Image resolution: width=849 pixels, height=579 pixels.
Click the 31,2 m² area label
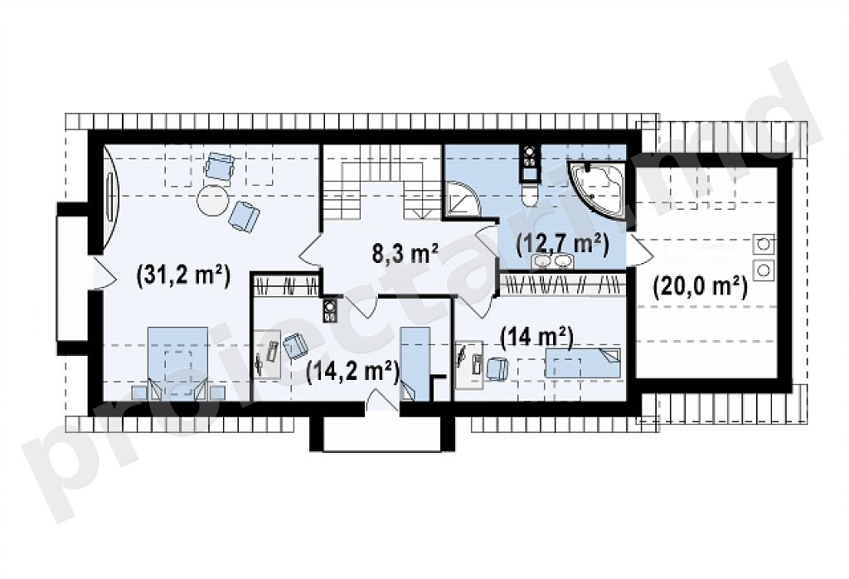(x=183, y=275)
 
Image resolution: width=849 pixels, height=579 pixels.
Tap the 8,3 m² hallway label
(x=405, y=252)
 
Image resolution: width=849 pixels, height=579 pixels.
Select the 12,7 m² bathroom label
(x=563, y=244)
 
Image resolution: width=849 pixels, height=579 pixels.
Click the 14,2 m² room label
(x=352, y=372)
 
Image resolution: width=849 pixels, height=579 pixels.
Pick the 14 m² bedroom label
(x=537, y=338)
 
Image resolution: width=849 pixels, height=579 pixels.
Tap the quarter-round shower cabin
(x=464, y=198)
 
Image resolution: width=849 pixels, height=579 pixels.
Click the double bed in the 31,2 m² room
(x=177, y=362)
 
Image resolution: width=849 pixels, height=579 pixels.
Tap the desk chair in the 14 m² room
(x=497, y=368)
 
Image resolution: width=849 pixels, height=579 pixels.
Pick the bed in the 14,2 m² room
(x=415, y=363)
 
